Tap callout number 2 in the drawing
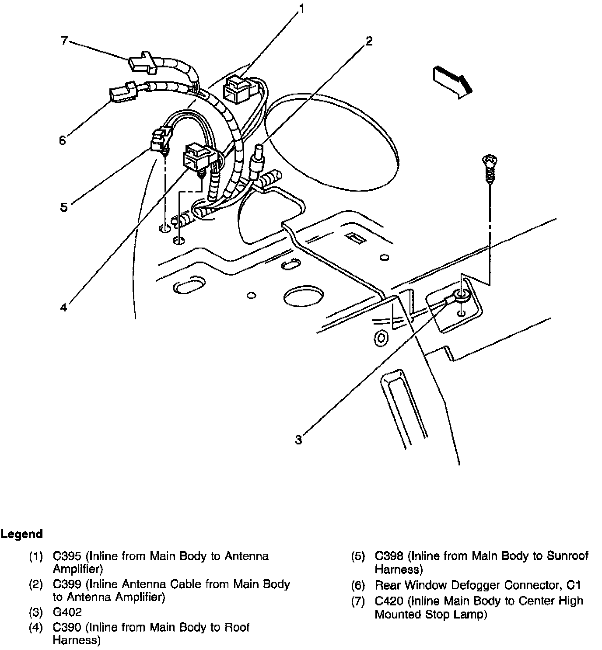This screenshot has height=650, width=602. pos(369,41)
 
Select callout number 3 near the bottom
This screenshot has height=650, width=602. pos(298,439)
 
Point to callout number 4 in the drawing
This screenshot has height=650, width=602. pos(64,308)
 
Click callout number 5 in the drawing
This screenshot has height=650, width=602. pos(64,207)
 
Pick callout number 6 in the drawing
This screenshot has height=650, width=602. pos(63,140)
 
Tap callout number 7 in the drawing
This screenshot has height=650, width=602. pos(64,41)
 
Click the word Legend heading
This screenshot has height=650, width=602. pos(21,534)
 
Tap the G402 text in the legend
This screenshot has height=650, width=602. pos(67,612)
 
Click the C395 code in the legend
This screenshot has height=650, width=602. pos(67,556)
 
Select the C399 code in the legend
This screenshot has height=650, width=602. pos(67,584)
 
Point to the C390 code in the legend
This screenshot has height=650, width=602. pos(67,627)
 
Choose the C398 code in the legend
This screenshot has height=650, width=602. pos(389,556)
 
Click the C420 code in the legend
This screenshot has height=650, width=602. pos(389,601)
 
